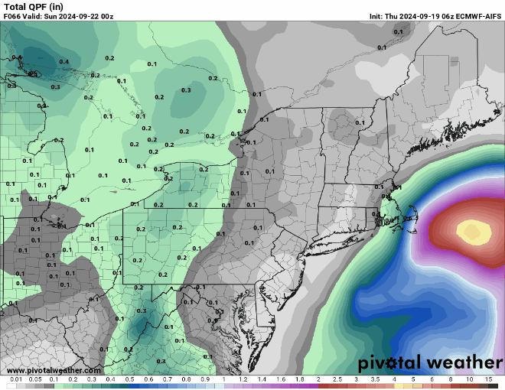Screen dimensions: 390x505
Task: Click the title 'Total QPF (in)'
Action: pyautogui.click(x=31, y=6)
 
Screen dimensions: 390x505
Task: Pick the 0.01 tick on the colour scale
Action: pyautogui.click(x=15, y=380)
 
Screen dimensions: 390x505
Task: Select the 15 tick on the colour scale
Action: pyautogui.click(x=488, y=380)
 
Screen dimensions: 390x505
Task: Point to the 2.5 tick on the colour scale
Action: pyautogui.click(x=337, y=380)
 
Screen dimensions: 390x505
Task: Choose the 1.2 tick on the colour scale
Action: pyautogui.click(x=243, y=380)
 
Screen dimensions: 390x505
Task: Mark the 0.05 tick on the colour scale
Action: pyautogui.click(x=34, y=380)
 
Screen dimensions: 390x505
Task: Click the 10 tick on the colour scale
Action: pyautogui.click(x=469, y=380)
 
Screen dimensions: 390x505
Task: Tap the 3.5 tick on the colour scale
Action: pyautogui.click(x=375, y=380)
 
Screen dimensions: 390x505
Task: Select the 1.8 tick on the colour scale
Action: pyautogui.click(x=299, y=380)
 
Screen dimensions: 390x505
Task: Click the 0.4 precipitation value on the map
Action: pyautogui.click(x=64, y=62)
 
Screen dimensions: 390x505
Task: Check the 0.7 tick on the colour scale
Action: pyautogui.click(x=167, y=380)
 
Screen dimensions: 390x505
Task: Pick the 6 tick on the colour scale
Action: pyautogui.click(x=432, y=380)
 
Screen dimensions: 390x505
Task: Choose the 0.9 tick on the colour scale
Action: pyautogui.click(x=204, y=380)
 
